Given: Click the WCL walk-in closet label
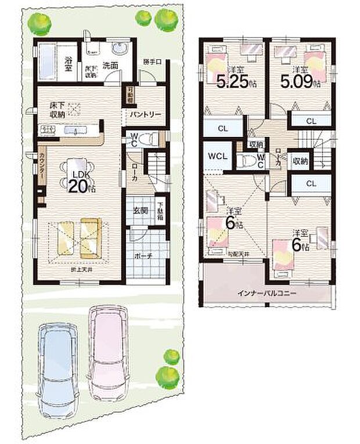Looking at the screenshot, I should pos(218,157).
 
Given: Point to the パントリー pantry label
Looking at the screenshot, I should pos(141,114).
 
